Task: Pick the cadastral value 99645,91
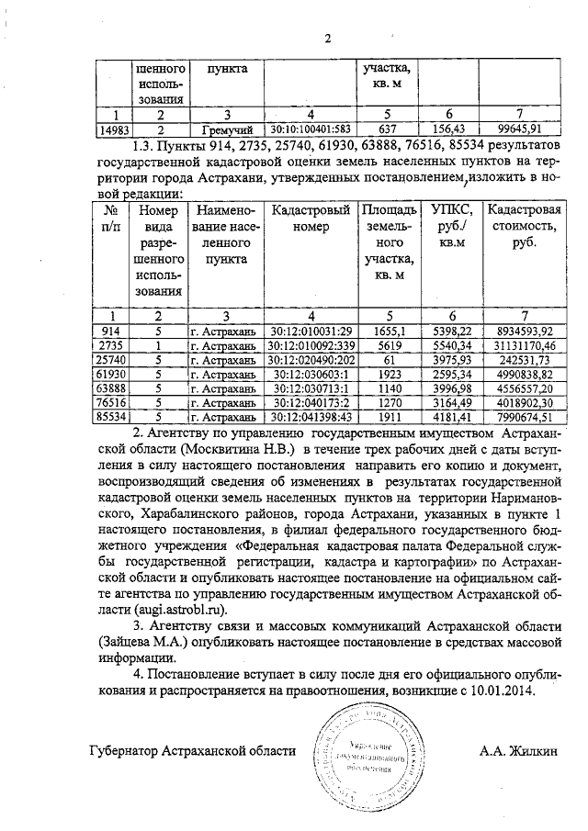[x=520, y=129]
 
